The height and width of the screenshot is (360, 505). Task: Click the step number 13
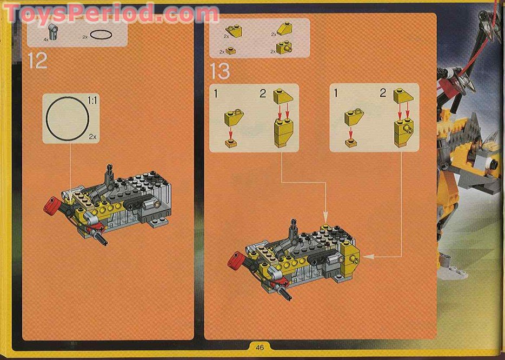coord(220,71)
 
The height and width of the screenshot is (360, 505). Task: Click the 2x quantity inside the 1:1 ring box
coord(93,137)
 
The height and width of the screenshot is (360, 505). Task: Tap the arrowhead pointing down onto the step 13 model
coord(325,215)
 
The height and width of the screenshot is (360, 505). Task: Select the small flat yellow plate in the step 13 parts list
coord(231,51)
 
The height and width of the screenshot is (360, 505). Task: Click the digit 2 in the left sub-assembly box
coord(263,94)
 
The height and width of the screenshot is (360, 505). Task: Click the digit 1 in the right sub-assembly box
coord(336,93)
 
